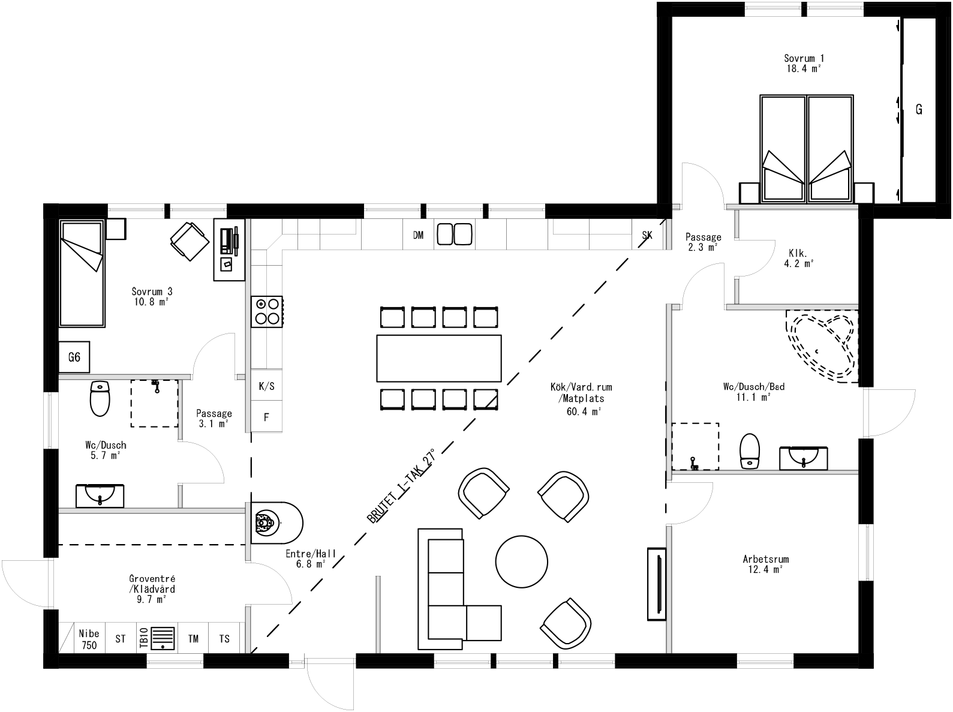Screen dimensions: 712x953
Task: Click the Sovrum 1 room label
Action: pyautogui.click(x=804, y=63)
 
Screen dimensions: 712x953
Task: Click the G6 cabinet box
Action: pyautogui.click(x=74, y=357)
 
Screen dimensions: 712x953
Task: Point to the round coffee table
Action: pyautogui.click(x=521, y=561)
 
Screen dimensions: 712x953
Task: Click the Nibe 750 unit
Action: pyautogui.click(x=88, y=639)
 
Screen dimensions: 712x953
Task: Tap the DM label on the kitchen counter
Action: pyautogui.click(x=418, y=235)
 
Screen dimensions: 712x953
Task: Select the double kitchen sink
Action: pyautogui.click(x=454, y=234)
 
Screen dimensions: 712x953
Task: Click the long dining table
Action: pyautogui.click(x=438, y=358)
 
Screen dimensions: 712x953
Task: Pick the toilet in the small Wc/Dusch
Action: pyautogui.click(x=100, y=398)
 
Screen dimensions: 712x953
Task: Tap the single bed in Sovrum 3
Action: pyautogui.click(x=82, y=273)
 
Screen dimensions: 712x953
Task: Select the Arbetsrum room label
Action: pyautogui.click(x=765, y=564)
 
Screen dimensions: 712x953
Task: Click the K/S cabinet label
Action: pyautogui.click(x=267, y=386)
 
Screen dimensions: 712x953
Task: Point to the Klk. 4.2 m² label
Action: pyautogui.click(x=798, y=257)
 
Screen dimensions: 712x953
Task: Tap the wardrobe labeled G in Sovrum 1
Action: pyautogui.click(x=918, y=110)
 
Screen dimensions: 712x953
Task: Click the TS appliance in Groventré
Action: pyautogui.click(x=224, y=639)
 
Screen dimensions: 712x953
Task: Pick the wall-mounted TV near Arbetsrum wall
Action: pyautogui.click(x=656, y=583)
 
